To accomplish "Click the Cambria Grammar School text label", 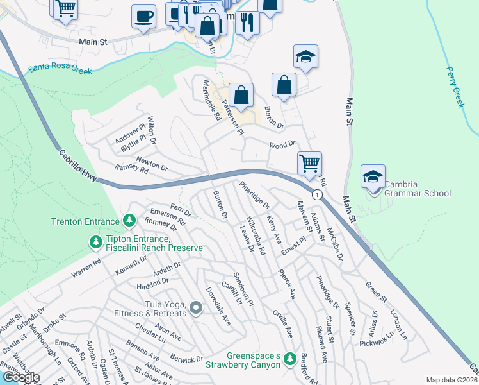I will click(x=418, y=189).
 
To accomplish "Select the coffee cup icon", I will click(x=143, y=15).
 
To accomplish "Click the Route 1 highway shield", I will click(x=316, y=194).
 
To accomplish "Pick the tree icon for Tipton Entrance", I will click(x=96, y=243).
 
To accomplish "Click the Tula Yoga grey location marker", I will click(x=196, y=309).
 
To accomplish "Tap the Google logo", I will click(x=20, y=377).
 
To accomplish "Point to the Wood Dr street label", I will click(x=282, y=145).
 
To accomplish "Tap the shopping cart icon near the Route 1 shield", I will click(x=309, y=163).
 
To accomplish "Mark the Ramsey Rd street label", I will click(x=131, y=169).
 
